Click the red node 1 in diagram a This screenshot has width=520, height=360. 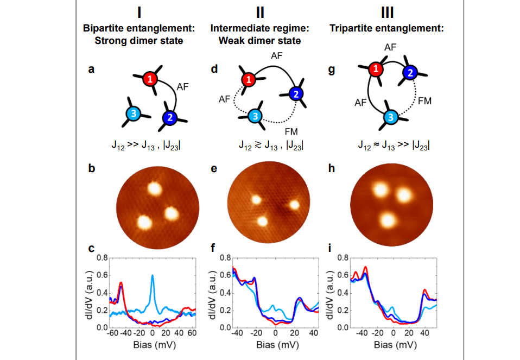(150, 80)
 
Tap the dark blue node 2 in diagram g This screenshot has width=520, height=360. (410, 72)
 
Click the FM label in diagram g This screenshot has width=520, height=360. (424, 100)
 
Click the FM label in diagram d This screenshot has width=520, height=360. (291, 131)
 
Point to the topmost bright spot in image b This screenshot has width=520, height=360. (154, 189)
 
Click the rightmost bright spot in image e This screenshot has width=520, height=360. (294, 205)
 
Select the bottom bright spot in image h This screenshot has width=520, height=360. (388, 220)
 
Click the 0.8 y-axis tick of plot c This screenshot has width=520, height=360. (102, 257)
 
